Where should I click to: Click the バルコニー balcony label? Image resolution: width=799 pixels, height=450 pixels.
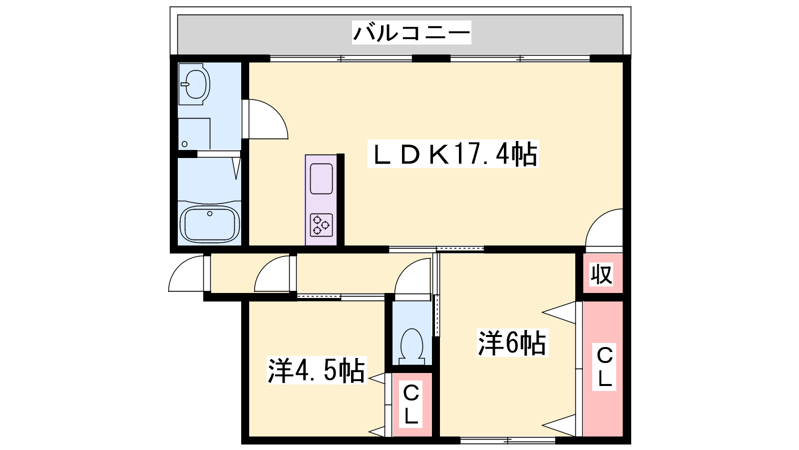click(411, 32)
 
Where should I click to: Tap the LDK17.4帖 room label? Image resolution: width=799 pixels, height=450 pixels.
click(453, 154)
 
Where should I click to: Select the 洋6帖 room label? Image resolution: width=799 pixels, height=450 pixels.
click(512, 343)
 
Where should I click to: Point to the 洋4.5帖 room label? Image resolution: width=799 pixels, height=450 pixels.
click(317, 370)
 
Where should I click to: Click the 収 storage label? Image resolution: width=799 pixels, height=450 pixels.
click(601, 274)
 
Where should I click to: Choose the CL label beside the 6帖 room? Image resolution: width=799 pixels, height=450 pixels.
click(604, 367)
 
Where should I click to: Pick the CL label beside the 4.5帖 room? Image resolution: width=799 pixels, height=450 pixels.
click(410, 404)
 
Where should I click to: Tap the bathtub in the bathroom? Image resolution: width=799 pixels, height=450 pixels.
click(209, 223)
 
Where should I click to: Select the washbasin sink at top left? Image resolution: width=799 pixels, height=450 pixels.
click(194, 84)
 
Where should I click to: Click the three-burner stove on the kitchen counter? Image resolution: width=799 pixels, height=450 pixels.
click(322, 225)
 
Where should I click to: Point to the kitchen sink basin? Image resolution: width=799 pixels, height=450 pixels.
click(322, 178)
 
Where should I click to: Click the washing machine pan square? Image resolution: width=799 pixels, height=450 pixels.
click(194, 134)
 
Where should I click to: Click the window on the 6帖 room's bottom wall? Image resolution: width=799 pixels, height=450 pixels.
click(508, 440)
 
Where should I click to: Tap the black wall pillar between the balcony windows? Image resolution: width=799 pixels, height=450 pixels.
click(431, 58)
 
